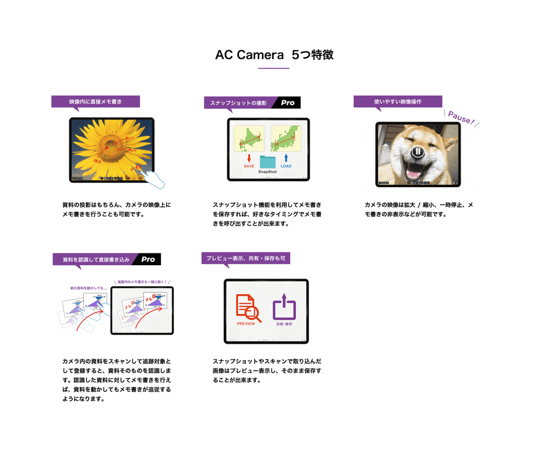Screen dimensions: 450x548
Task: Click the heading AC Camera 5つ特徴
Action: pyautogui.click(x=274, y=55)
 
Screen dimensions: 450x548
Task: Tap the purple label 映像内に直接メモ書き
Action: pyautogui.click(x=95, y=101)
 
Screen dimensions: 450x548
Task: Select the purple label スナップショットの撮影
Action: pyautogui.click(x=237, y=103)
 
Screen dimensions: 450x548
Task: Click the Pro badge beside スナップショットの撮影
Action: pyautogui.click(x=287, y=103)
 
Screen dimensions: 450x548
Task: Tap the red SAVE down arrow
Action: pyautogui.click(x=249, y=158)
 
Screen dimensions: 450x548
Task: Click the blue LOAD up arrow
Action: pyautogui.click(x=286, y=158)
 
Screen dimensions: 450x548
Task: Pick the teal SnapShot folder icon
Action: pyautogui.click(x=268, y=161)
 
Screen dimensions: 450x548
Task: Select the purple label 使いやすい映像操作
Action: pyautogui.click(x=398, y=101)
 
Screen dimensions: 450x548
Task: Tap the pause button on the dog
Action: pyautogui.click(x=417, y=152)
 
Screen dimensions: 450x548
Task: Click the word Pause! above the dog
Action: pyautogui.click(x=461, y=118)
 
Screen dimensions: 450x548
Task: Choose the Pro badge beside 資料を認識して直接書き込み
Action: pyautogui.click(x=148, y=259)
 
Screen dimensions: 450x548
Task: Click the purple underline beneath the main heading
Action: pyautogui.click(x=274, y=69)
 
